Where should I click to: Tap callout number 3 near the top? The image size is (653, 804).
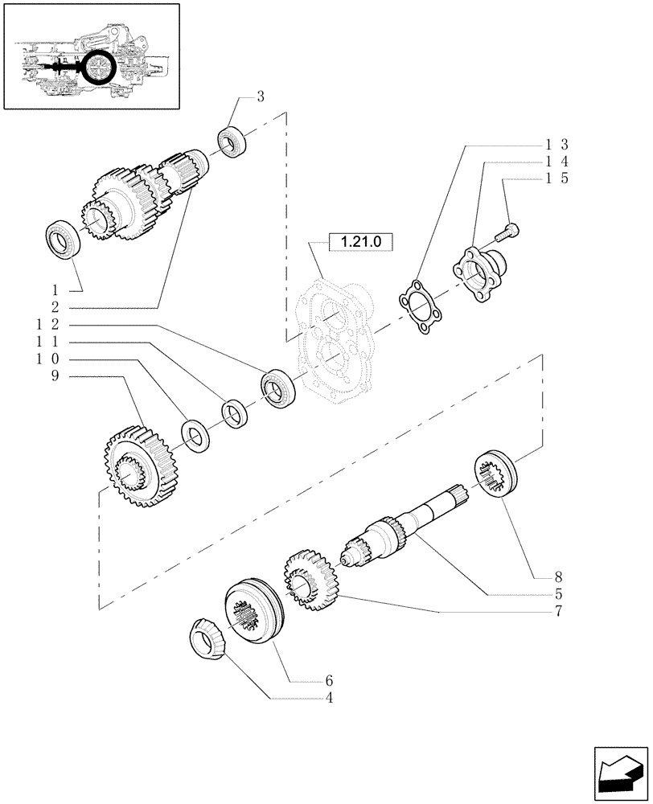click(x=260, y=97)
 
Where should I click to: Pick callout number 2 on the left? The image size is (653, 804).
click(x=55, y=307)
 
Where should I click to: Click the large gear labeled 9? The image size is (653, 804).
click(x=129, y=466)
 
